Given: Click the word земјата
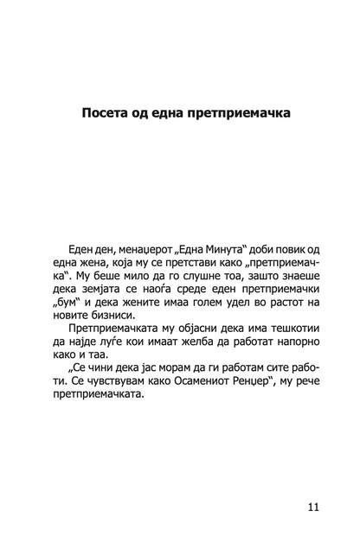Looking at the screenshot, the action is tap(112, 295).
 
